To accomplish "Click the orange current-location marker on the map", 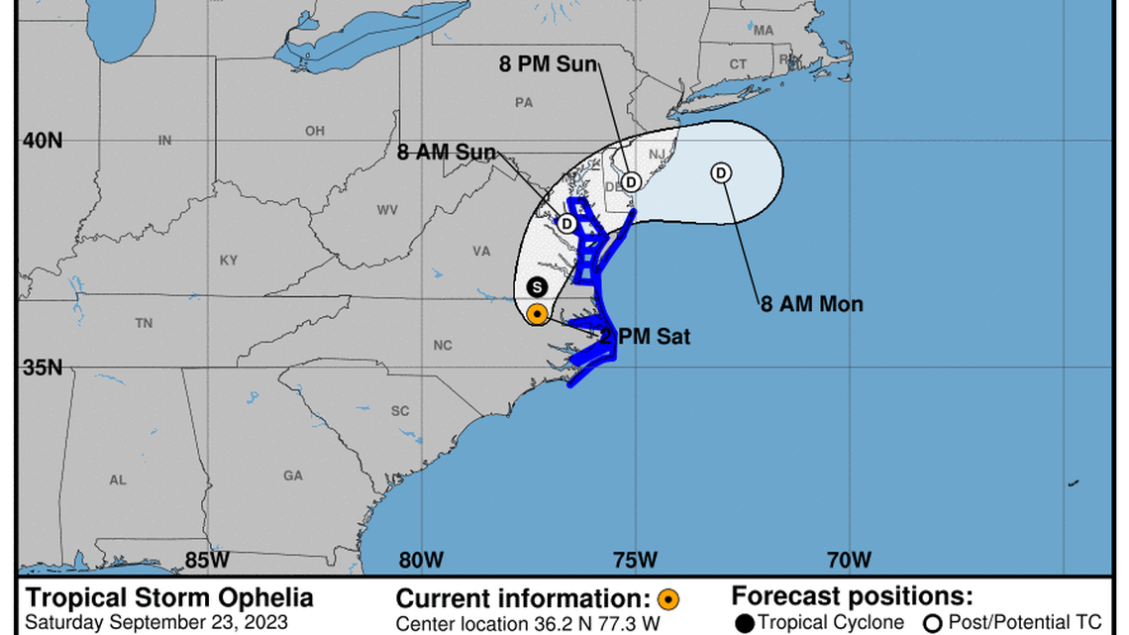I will coord(537,314).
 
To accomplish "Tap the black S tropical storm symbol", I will coord(537,287).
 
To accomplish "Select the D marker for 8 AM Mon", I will coord(721,172).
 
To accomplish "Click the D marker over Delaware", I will coord(631,180).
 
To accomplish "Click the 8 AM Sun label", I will coord(446,153).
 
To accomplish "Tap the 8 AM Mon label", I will coord(811,304).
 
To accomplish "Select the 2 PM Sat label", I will coord(645,338).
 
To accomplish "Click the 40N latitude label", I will coord(43,141).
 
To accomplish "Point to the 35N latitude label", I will coord(43,368).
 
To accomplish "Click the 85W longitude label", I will coord(207,560).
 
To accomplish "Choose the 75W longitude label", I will coord(634,560).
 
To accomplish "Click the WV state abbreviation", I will coord(387,210).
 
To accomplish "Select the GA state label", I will coord(293,476).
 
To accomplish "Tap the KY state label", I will coord(229,261).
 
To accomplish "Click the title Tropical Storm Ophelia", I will coord(169,598).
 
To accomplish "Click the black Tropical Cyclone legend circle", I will coord(744,623).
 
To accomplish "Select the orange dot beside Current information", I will coord(668,599).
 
